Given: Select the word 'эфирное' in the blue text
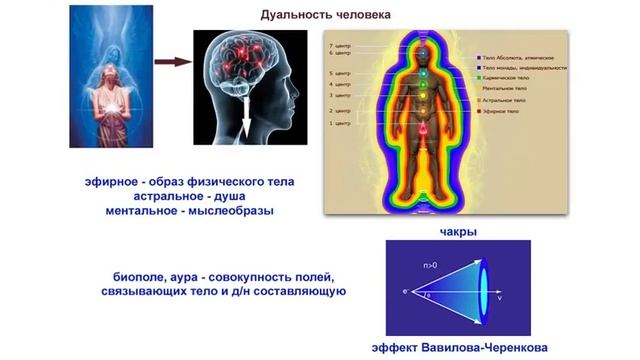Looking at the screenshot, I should [113, 180].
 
